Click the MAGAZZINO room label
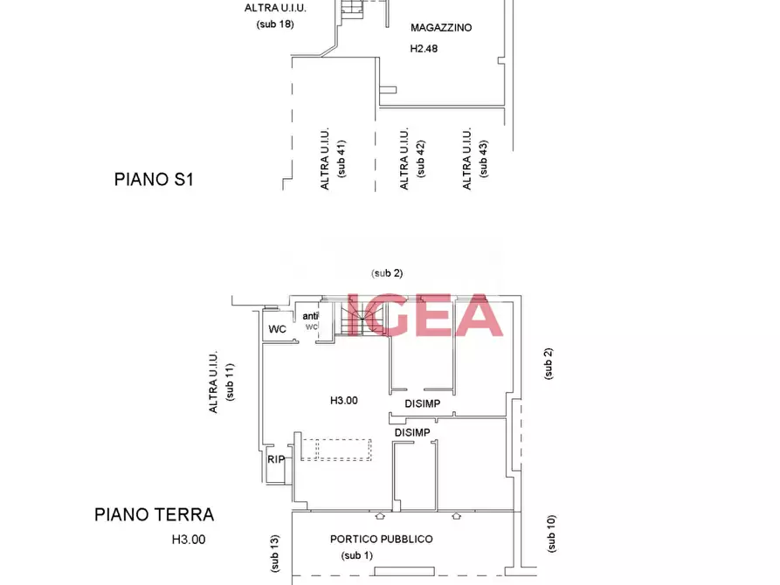[x=441, y=28]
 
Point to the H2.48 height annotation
[x=424, y=49]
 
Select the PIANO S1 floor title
[x=153, y=180]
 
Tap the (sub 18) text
[x=275, y=24]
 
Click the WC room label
[x=277, y=329]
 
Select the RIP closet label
[x=276, y=459]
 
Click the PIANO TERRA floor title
[x=155, y=515]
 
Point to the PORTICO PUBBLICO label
[x=381, y=540]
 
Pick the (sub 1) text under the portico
[x=356, y=555]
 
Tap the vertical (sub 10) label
[x=550, y=533]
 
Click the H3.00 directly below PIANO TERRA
[x=188, y=540]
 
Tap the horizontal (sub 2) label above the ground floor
[x=387, y=273]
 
